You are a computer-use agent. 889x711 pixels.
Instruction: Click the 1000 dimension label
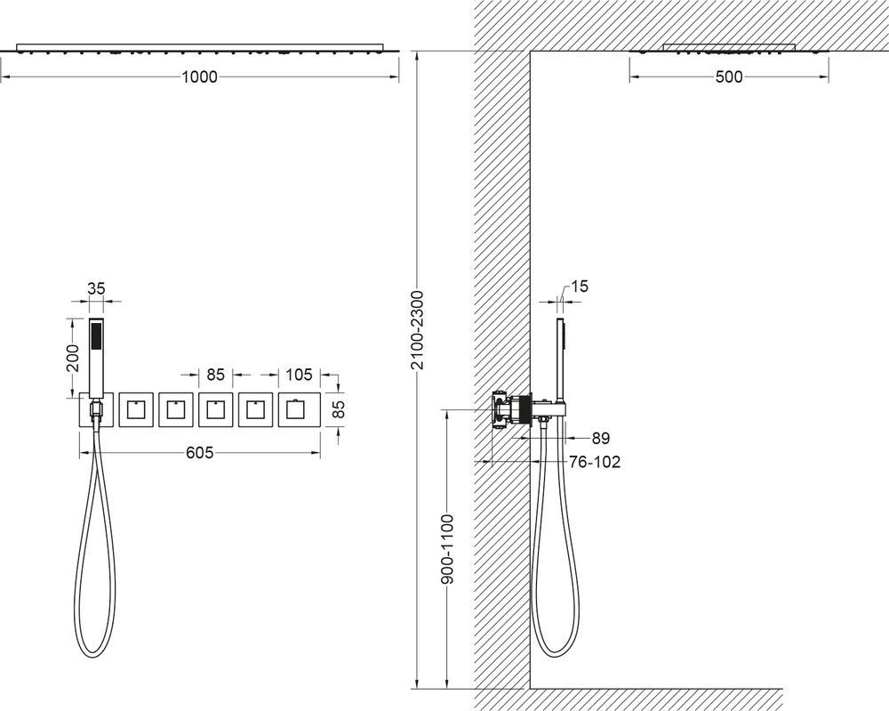pyautogui.click(x=199, y=77)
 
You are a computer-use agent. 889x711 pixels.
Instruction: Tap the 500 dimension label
pyautogui.click(x=729, y=77)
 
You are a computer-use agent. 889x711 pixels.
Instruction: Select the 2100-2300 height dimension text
pyautogui.click(x=417, y=329)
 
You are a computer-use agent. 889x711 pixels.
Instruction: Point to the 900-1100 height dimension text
pyautogui.click(x=447, y=549)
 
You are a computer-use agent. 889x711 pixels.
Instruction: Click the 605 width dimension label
pyautogui.click(x=199, y=452)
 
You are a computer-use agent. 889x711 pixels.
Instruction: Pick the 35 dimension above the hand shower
pyautogui.click(x=96, y=288)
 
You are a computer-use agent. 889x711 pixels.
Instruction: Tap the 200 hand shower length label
pyautogui.click(x=73, y=358)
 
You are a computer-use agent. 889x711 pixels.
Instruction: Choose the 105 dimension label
pyautogui.click(x=299, y=375)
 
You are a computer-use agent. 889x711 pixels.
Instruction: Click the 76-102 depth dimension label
pyautogui.click(x=595, y=462)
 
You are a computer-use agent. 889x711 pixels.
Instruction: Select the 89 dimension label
pyautogui.click(x=600, y=438)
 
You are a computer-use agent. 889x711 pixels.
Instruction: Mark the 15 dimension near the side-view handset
pyautogui.click(x=580, y=286)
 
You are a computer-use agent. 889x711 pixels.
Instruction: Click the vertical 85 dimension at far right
pyautogui.click(x=339, y=409)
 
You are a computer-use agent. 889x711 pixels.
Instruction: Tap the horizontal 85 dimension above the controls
pyautogui.click(x=215, y=375)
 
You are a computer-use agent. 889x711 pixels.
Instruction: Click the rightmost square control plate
pyautogui.click(x=295, y=409)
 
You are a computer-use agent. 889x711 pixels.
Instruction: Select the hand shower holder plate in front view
pyautogui.click(x=97, y=409)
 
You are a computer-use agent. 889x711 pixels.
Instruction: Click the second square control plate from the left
pyautogui.click(x=137, y=409)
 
